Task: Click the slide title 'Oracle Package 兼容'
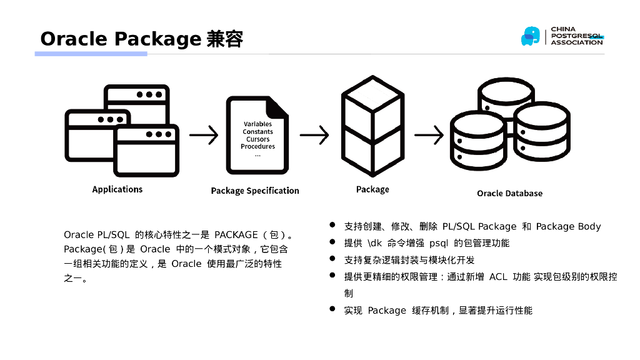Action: click(x=141, y=39)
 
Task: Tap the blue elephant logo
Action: click(x=530, y=36)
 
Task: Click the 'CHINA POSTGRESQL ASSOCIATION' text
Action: click(x=576, y=36)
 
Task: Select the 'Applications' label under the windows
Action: click(x=117, y=189)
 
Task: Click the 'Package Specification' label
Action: click(x=255, y=191)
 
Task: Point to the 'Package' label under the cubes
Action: click(x=372, y=189)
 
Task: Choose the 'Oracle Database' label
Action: click(x=509, y=193)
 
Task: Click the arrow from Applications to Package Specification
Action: click(x=204, y=134)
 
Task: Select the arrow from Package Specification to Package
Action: click(x=314, y=134)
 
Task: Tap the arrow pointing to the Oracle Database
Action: click(x=429, y=134)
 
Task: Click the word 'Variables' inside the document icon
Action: click(x=257, y=124)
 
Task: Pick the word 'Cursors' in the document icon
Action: click(x=257, y=139)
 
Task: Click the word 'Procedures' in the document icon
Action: click(x=257, y=146)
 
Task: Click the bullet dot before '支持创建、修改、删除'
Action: click(x=332, y=226)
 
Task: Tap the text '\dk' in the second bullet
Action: click(x=375, y=243)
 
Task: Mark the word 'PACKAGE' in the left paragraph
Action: click(x=236, y=235)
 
